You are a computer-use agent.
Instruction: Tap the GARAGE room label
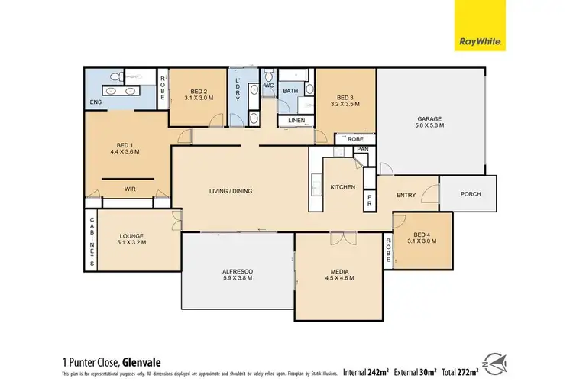(430, 119)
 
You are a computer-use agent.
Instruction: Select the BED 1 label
(125, 145)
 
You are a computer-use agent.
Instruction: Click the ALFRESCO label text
(238, 272)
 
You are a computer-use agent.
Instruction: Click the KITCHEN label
(343, 187)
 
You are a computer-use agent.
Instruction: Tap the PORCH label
(471, 194)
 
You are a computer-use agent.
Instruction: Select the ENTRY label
(406, 195)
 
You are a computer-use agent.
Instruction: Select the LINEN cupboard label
(296, 121)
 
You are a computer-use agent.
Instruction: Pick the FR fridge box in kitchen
(369, 200)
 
